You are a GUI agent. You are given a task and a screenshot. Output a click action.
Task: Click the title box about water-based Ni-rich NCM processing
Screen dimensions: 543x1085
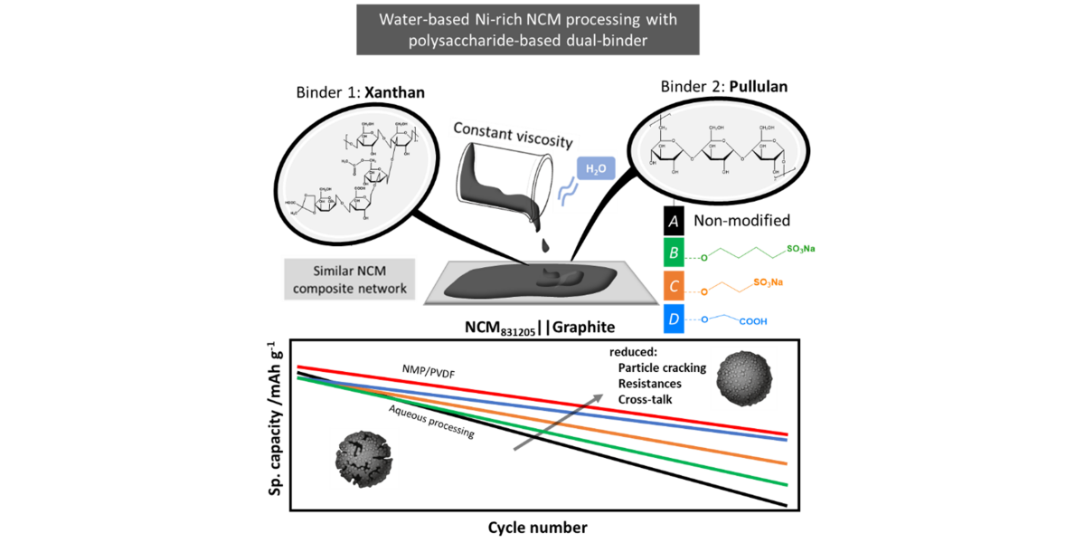[x=527, y=30]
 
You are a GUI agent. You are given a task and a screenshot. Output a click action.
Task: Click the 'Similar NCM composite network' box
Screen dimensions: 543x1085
[x=348, y=279]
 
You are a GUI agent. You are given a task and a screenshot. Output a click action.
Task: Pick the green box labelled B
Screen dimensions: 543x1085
[x=675, y=252]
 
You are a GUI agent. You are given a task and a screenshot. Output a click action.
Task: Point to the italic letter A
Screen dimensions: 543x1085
[x=673, y=220]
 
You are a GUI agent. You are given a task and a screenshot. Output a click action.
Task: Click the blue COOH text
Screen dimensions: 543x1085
[x=759, y=320]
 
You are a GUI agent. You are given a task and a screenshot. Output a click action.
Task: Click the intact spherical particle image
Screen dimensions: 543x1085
[x=743, y=376]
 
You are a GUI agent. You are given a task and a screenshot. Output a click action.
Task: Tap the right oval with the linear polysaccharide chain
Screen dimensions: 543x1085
[x=720, y=150]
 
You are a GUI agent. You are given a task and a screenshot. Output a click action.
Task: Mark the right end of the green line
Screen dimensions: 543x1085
[x=788, y=485]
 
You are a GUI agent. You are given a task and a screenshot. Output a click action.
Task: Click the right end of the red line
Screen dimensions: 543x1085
[x=788, y=434]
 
